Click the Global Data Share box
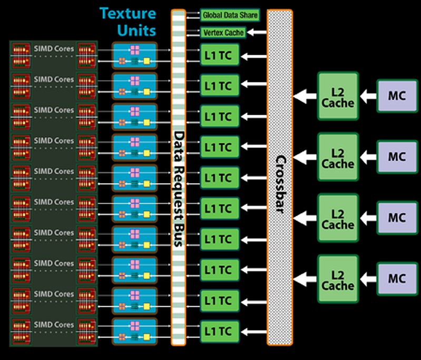pyautogui.click(x=230, y=15)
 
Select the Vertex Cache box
pyautogui.click(x=223, y=33)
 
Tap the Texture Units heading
pyautogui.click(x=129, y=21)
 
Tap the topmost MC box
pyautogui.click(x=396, y=96)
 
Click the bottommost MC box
pyautogui.click(x=396, y=279)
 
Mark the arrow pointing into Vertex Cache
pyautogui.click(x=257, y=33)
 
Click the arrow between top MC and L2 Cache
pyautogui.click(x=368, y=96)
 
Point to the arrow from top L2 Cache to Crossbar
pyautogui.click(x=304, y=96)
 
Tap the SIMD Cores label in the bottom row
pyautogui.click(x=54, y=325)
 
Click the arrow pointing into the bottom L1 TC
pyautogui.click(x=253, y=331)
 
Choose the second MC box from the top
pyautogui.click(x=396, y=157)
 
